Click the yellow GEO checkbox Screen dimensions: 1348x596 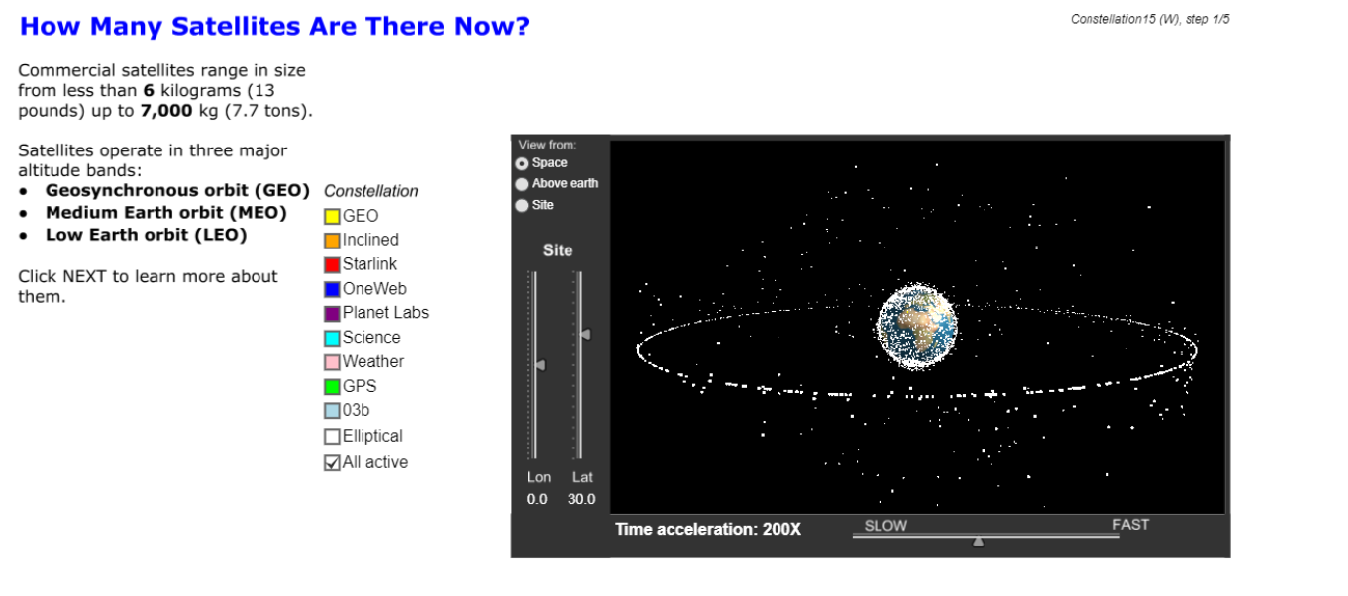[x=332, y=216]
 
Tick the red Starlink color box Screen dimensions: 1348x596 [x=332, y=264]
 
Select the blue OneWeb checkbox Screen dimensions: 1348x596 [x=332, y=289]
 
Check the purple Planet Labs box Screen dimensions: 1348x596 [x=332, y=313]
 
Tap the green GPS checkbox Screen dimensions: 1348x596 [x=332, y=387]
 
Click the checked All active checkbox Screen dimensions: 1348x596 [x=332, y=462]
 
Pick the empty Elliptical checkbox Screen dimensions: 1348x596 [x=332, y=436]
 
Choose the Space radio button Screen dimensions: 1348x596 [x=522, y=163]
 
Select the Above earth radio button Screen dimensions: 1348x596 [x=522, y=184]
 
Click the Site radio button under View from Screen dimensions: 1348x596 [x=522, y=205]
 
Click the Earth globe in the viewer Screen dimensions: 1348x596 [x=916, y=326]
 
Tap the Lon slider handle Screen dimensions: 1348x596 [x=540, y=365]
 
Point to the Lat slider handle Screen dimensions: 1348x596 [x=585, y=334]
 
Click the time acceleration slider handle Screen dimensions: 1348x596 [x=978, y=542]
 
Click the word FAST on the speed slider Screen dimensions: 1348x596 [x=1130, y=525]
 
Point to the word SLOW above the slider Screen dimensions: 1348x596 [x=885, y=525]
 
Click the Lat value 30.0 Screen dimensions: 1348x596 [x=581, y=499]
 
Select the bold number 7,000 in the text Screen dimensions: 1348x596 [x=166, y=111]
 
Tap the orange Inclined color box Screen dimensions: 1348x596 [x=332, y=241]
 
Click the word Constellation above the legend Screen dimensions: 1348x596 [x=370, y=191]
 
